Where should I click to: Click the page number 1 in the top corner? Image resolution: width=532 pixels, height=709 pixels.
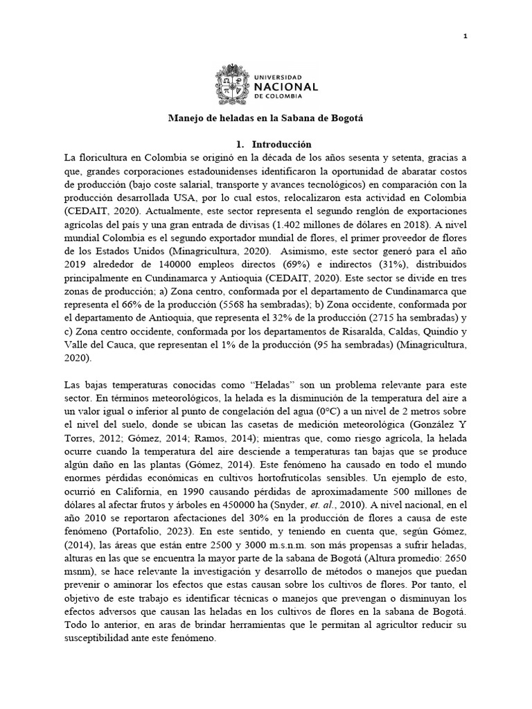pos(465,36)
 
